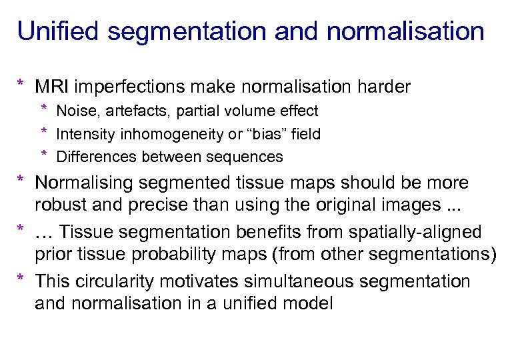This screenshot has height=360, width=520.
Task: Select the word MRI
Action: [x=52, y=87]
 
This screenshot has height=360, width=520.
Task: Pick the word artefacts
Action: [x=129, y=111]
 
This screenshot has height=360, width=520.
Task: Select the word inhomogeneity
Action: [x=163, y=134]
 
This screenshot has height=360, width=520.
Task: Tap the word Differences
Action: [x=92, y=157]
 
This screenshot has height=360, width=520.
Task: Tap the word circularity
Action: [x=115, y=281]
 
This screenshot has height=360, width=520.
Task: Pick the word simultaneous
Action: [x=283, y=281]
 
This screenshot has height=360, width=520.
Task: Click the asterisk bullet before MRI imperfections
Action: [x=22, y=85]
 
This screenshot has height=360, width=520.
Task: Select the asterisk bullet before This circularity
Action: [x=22, y=280]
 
